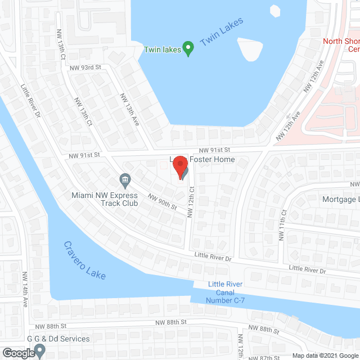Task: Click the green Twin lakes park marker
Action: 189,49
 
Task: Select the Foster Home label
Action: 211,160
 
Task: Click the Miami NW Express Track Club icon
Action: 125,181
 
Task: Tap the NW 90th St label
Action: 163,201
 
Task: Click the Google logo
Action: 17,353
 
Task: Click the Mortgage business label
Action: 340,199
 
